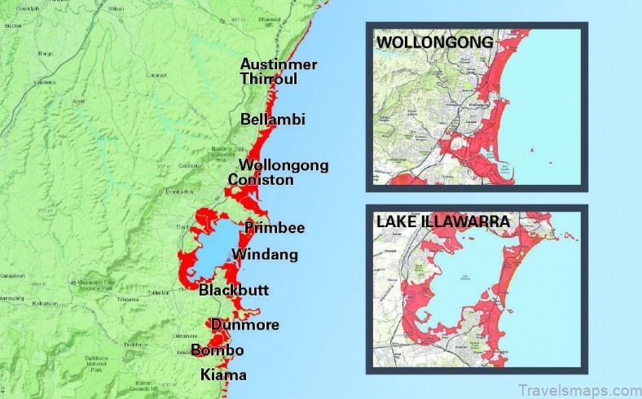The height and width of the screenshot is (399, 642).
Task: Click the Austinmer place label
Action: click(x=278, y=64)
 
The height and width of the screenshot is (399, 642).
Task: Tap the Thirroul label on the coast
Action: click(x=268, y=79)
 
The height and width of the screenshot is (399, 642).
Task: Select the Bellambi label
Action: click(x=273, y=120)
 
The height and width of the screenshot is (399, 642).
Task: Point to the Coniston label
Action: click(x=261, y=180)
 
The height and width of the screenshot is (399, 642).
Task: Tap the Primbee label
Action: click(x=275, y=228)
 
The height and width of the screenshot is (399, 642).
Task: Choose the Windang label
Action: click(x=265, y=255)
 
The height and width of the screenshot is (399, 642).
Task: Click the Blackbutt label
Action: click(x=234, y=291)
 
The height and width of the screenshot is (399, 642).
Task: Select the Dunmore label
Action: click(x=244, y=326)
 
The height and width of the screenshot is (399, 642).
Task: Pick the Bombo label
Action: click(x=218, y=351)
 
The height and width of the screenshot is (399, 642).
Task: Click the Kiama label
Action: click(x=223, y=375)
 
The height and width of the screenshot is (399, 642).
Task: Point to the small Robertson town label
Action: click(x=46, y=301)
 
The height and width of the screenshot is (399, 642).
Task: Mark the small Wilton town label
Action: click(x=115, y=11)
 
